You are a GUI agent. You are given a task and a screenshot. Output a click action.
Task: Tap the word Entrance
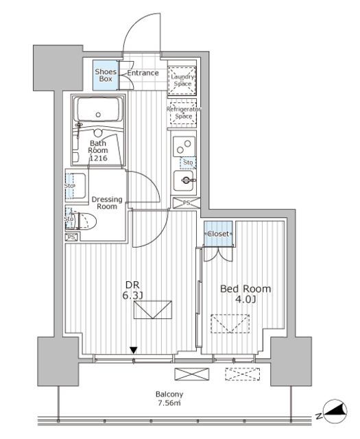tap(142, 73)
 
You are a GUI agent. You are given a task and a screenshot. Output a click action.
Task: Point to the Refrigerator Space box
tap(182, 112)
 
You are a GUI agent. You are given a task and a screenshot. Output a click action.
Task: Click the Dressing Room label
tap(107, 202)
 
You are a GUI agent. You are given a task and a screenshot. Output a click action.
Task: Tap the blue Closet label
tap(219, 234)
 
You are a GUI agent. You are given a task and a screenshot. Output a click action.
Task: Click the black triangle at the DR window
tap(134, 351)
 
